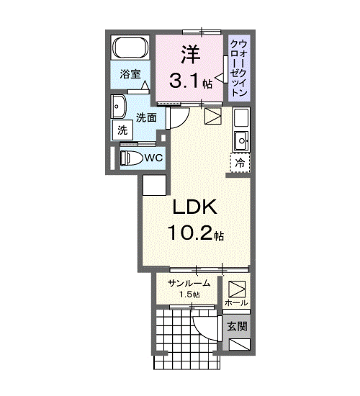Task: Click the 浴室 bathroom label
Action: [130, 73]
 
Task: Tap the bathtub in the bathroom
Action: [130, 49]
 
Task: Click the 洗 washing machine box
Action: [122, 130]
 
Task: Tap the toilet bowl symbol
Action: [130, 158]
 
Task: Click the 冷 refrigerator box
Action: [240, 163]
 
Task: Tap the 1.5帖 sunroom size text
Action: [189, 295]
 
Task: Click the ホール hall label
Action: [236, 303]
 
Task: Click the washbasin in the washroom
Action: [119, 108]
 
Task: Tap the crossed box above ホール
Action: [236, 287]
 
